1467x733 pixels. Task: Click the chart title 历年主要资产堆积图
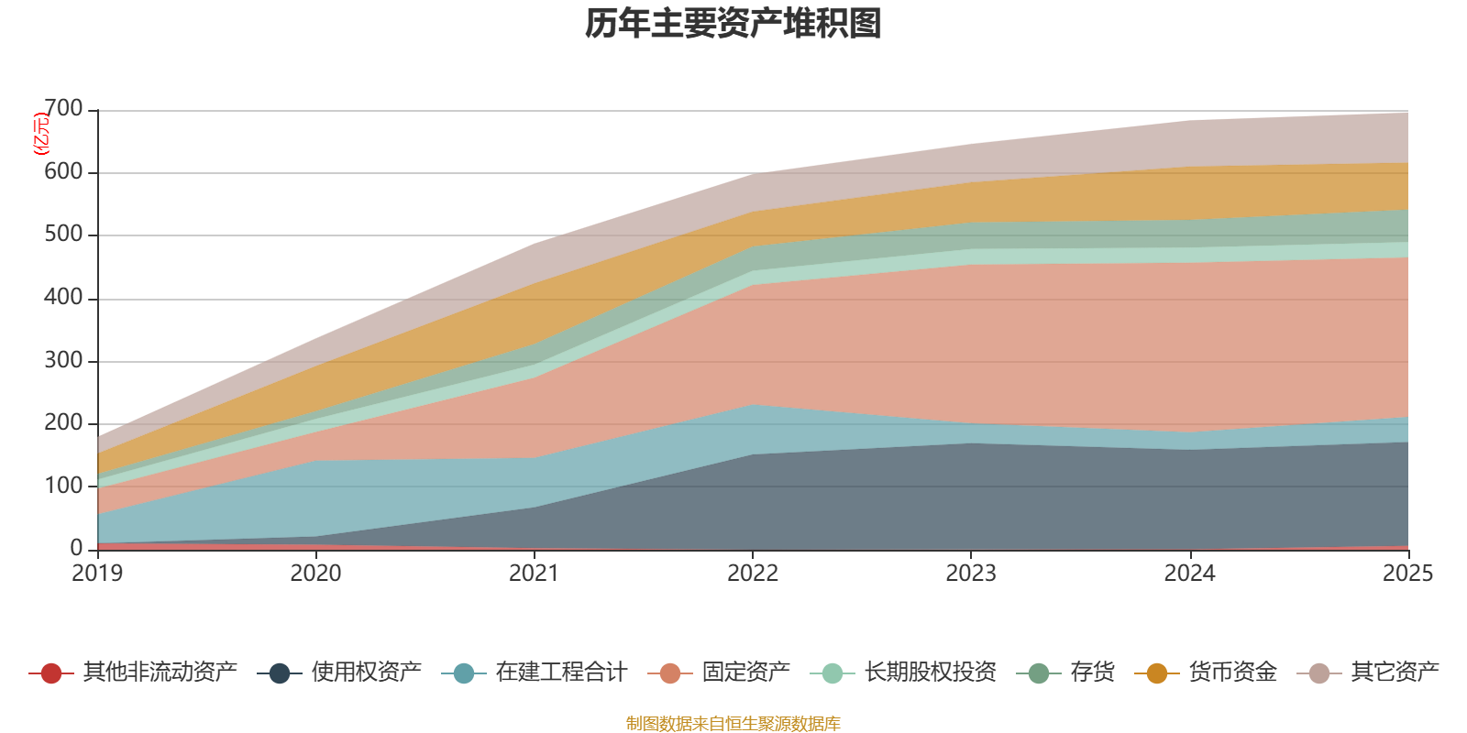pos(733,25)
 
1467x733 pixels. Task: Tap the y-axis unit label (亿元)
pos(41,134)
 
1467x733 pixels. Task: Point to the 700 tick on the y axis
pos(63,110)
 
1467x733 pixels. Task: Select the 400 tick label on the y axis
pos(63,298)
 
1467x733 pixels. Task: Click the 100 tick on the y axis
pos(63,486)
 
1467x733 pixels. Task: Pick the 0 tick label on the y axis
pos(77,548)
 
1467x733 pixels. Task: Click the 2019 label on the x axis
pos(97,574)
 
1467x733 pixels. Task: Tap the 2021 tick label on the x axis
pos(534,574)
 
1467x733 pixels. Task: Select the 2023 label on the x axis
pos(971,574)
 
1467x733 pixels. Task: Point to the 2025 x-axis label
pos(1407,574)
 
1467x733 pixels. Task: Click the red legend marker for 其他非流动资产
pos(51,673)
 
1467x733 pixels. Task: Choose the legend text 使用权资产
pos(366,673)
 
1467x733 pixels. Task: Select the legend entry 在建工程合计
pos(560,673)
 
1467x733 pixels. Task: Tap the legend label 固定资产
pos(745,673)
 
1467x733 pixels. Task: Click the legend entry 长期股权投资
pos(930,673)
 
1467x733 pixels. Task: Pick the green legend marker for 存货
pos(1039,673)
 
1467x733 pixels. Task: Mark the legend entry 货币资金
pos(1232,673)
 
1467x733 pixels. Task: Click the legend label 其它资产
pos(1395,673)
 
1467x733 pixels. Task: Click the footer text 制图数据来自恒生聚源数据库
pos(733,724)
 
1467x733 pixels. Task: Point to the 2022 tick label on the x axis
pos(753,574)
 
